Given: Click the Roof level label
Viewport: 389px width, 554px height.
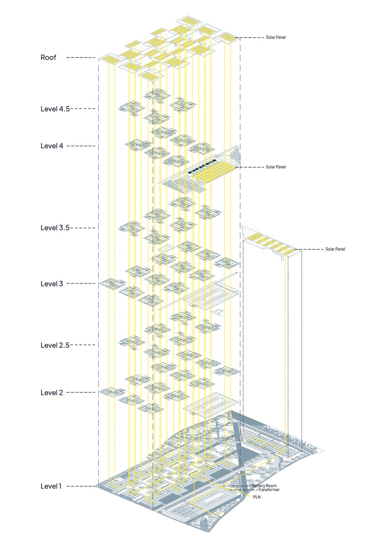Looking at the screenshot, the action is (x=48, y=57).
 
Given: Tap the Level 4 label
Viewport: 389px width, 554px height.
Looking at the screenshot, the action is (x=52, y=146).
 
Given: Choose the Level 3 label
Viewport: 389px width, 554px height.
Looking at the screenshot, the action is (x=52, y=284).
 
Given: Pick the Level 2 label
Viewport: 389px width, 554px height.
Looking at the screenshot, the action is (x=52, y=393).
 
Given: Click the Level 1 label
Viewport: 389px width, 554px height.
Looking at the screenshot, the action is (x=51, y=486).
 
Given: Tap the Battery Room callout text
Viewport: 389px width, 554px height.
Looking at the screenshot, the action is (x=264, y=486).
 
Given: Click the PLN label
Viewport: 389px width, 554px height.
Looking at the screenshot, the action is (x=257, y=497).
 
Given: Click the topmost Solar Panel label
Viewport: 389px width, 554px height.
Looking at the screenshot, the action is (x=276, y=38).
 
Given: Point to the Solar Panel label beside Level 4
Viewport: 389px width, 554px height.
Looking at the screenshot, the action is (x=276, y=167).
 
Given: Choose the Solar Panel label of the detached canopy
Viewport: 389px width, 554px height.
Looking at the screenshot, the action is (x=335, y=249).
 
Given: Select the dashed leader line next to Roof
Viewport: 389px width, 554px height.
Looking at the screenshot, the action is (x=81, y=58).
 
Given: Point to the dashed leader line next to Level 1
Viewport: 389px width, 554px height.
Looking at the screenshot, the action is (x=83, y=487).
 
